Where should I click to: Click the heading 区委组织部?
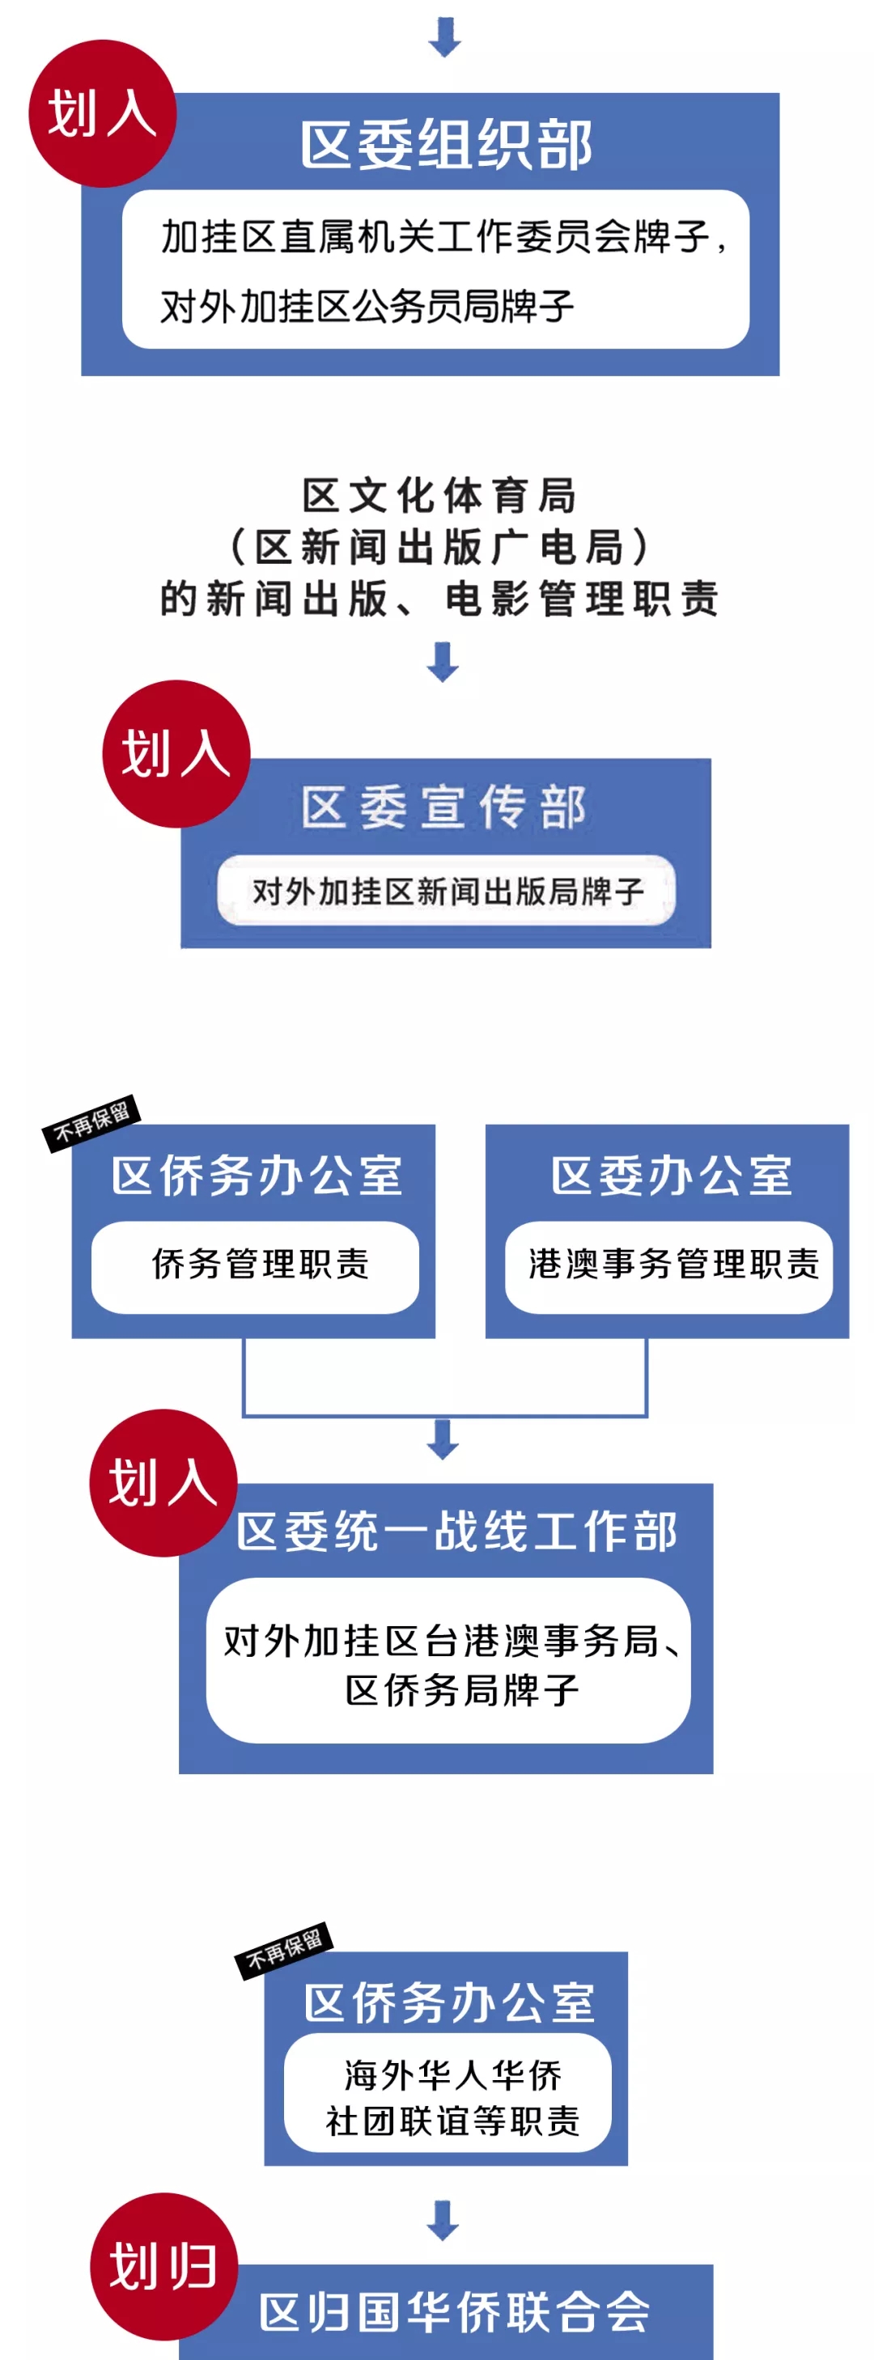[x=445, y=145]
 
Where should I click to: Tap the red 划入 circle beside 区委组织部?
[x=102, y=113]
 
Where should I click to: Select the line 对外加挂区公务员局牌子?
[x=367, y=306]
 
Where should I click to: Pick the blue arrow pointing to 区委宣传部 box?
[x=443, y=662]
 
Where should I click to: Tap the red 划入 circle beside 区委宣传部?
[x=176, y=753]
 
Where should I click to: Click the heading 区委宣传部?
[x=444, y=807]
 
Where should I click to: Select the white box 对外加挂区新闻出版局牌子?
[x=446, y=891]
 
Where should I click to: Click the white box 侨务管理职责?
[x=256, y=1266]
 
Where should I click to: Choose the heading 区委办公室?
[x=671, y=1176]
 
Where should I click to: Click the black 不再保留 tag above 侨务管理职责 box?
[x=91, y=1121]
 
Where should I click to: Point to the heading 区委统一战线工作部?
[x=456, y=1531]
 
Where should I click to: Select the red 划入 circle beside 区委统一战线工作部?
[x=163, y=1481]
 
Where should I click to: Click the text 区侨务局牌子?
[x=462, y=1690]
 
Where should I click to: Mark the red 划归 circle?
[x=164, y=2265]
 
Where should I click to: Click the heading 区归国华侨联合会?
[x=455, y=2311]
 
